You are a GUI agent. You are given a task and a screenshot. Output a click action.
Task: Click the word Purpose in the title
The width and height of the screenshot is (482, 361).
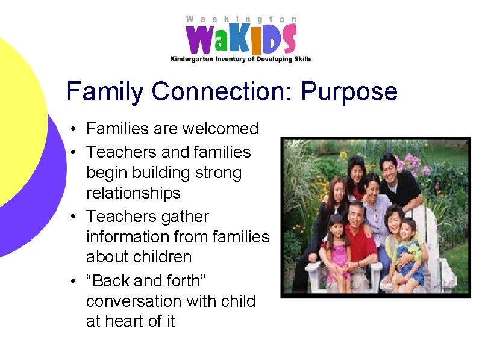click(349, 92)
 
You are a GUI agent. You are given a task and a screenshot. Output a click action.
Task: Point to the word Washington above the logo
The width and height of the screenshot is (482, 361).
click(241, 19)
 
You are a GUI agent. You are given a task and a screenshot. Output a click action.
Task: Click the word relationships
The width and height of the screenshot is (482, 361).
click(133, 193)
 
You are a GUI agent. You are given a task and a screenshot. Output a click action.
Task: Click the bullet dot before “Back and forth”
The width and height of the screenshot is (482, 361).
click(72, 281)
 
